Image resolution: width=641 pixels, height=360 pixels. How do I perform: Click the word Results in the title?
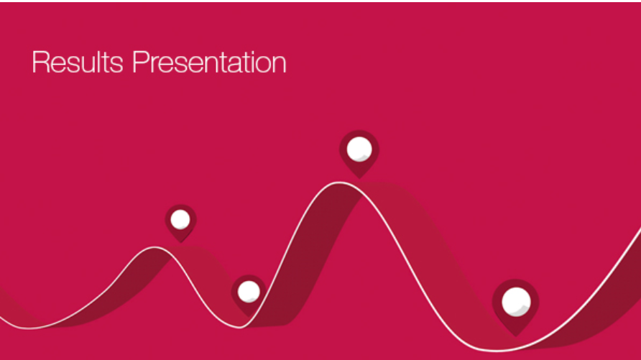[x=78, y=62]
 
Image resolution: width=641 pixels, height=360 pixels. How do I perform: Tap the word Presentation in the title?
[x=209, y=62]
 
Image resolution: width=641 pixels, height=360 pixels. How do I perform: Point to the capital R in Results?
[x=40, y=62]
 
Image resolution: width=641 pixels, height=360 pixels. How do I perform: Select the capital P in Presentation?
[x=140, y=62]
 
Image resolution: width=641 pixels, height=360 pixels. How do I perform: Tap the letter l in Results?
[x=98, y=62]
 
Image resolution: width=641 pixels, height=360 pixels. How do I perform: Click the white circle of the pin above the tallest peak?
[x=359, y=149]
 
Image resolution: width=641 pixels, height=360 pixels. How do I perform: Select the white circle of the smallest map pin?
[x=180, y=220]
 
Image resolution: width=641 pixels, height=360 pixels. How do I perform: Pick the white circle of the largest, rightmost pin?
[x=516, y=302]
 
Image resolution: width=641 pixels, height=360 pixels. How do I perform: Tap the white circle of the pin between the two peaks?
[x=249, y=292]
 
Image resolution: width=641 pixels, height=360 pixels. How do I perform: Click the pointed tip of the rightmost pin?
[x=516, y=336]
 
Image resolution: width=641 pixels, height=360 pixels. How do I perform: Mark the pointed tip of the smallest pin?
[x=180, y=242]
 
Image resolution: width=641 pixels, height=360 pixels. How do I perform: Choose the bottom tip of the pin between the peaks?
[x=249, y=316]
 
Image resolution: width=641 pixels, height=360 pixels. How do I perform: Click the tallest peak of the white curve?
[x=339, y=183]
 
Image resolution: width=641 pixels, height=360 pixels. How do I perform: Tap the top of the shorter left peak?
[x=155, y=247]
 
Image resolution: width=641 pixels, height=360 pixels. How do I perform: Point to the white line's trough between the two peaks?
[x=239, y=327]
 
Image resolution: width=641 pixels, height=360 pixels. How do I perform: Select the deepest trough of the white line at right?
[x=495, y=350]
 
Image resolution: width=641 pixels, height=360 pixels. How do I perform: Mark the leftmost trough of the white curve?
[x=29, y=328]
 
